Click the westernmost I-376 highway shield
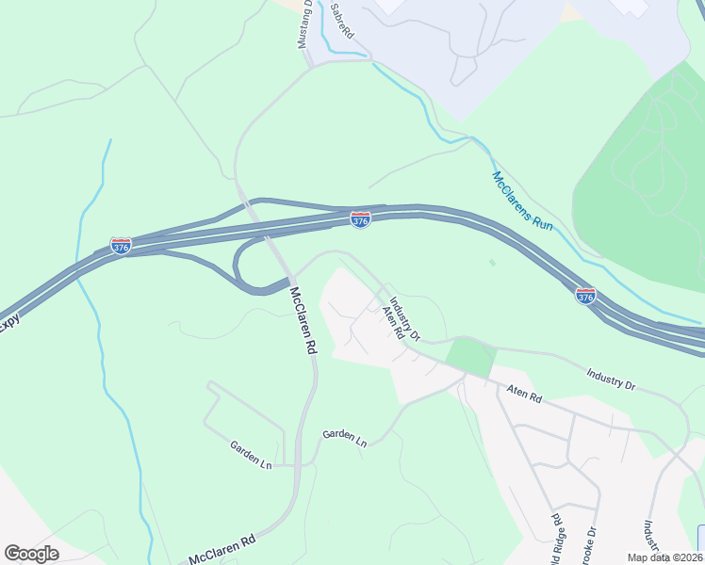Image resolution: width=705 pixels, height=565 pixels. coord(121,246)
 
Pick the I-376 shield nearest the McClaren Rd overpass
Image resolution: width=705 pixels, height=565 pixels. coord(360,219)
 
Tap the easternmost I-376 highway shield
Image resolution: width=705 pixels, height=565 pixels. coord(585,296)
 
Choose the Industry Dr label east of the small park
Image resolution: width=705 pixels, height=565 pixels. coord(611,379)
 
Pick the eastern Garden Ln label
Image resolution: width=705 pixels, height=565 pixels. coord(343,437)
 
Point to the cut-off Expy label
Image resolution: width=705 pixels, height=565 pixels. coord(9,322)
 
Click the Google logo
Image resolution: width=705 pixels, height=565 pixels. coord(31,554)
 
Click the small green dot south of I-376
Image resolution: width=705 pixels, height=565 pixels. coord(491,263)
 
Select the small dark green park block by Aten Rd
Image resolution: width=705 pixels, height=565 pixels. coord(470,358)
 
